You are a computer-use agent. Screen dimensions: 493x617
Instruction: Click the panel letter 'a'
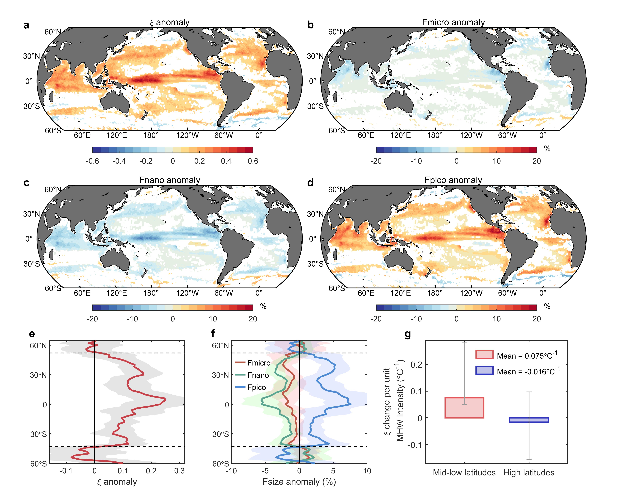tap(26, 25)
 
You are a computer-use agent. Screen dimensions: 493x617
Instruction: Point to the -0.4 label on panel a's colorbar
tap(119, 161)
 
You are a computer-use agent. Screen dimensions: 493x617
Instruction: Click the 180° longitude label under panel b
tap(435, 135)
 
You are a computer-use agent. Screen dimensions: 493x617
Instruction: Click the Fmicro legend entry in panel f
tap(259, 363)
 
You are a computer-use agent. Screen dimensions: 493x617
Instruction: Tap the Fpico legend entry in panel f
tap(256, 388)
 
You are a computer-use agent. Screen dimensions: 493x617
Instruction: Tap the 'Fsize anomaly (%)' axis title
tap(299, 482)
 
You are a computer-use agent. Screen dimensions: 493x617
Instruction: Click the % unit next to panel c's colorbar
tap(263, 307)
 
